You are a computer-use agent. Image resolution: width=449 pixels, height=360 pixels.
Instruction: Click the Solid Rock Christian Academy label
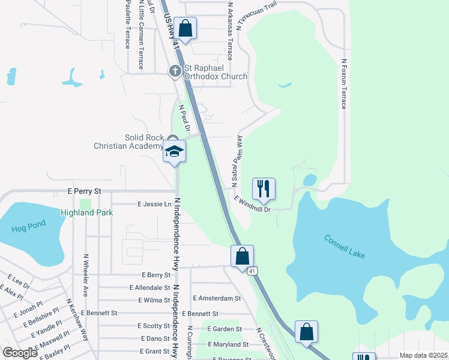(x=128, y=142)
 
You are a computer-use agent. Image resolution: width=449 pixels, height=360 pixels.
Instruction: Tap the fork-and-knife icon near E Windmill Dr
(x=264, y=188)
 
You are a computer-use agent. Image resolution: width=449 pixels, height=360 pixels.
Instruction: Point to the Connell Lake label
(x=345, y=247)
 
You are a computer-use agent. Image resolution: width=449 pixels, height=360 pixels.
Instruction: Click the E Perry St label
(x=85, y=191)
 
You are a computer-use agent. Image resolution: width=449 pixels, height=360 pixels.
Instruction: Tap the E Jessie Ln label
(x=154, y=204)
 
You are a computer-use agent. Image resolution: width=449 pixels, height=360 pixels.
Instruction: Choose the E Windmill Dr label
(x=253, y=204)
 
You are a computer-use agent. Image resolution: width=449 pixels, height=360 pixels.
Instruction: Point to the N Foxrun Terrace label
(x=344, y=83)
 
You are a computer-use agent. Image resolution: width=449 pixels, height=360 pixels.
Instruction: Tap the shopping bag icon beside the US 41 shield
(x=242, y=256)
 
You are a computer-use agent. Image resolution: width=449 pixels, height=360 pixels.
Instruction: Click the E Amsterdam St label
(x=217, y=298)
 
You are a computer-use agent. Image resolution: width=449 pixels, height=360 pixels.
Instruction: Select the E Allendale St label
(x=149, y=288)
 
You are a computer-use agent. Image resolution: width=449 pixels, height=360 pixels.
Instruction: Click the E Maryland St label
(x=228, y=344)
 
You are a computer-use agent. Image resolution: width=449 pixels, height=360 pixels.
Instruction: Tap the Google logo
(x=20, y=353)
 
